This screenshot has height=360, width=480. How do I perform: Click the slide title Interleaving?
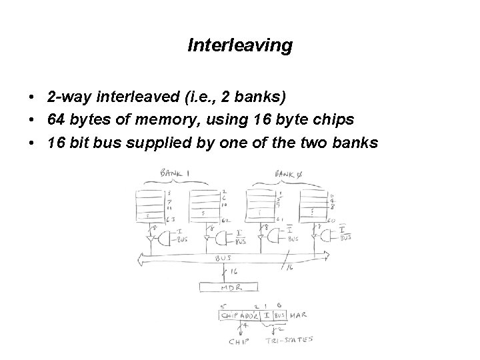click(240, 45)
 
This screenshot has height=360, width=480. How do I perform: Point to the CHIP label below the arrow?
click(239, 341)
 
